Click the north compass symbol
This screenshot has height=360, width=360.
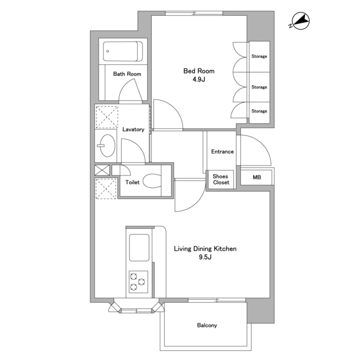pos(300,21)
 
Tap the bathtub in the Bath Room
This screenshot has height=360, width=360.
pos(123,51)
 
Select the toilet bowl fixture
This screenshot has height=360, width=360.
pos(152,181)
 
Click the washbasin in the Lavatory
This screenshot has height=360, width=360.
pos(107,146)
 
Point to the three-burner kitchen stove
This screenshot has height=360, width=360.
pos(138,282)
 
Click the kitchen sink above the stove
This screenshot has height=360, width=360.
pos(139,247)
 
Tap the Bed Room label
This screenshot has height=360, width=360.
pos(199,71)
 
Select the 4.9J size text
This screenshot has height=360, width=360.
pos(199,79)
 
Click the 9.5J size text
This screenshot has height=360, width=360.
pos(205,257)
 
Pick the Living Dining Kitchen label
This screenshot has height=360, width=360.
pos(205,249)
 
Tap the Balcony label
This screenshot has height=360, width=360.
pos(207,325)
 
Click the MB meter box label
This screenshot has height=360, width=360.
pos(256,177)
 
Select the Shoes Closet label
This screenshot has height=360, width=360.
pos(221,179)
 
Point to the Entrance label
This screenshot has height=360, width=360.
pos(222,151)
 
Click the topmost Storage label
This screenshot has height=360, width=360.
pos(259,56)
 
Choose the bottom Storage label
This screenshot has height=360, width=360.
pos(259,111)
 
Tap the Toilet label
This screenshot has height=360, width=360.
pos(132,182)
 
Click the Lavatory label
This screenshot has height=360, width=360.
pos(133,129)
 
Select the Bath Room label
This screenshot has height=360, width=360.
pos(127,74)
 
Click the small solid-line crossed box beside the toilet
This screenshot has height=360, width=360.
pos(102,170)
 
